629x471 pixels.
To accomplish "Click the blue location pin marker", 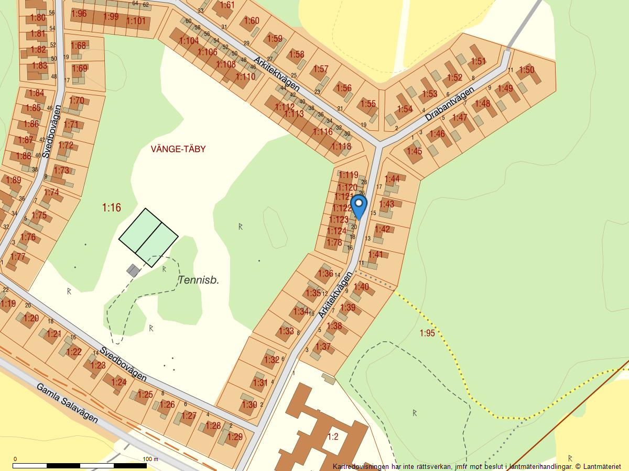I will (359, 205).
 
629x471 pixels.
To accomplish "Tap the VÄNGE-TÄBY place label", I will (178, 149).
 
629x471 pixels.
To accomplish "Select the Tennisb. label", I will (199, 280).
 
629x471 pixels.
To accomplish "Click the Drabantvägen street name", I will (449, 104).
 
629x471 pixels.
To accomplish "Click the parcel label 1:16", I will (111, 208).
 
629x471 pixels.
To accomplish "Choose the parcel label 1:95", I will (427, 333).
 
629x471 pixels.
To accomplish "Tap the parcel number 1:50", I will (526, 70).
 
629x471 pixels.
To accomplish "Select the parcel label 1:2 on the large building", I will (333, 436).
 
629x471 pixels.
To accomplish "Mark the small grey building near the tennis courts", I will (134, 270).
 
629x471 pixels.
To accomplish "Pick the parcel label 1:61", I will (227, 5).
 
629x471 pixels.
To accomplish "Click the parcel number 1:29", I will (235, 437).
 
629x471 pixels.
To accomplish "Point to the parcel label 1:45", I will (414, 151).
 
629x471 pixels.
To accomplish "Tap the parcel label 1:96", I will (79, 14).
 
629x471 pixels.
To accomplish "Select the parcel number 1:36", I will (325, 273).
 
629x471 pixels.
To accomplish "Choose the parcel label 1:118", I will (341, 147).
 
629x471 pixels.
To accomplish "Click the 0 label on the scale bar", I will (15, 459).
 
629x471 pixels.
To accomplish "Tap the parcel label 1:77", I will (18, 256).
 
